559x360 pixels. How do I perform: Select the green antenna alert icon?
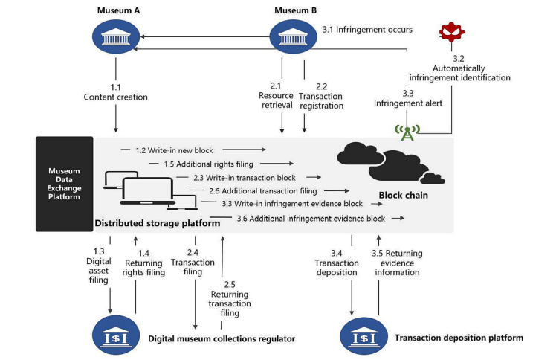tap(407, 132)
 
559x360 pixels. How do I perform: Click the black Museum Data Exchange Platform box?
tap(65, 184)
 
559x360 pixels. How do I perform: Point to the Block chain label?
tap(404, 196)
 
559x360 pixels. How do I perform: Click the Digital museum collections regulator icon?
tap(116, 335)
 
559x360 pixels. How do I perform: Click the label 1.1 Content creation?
tap(116, 91)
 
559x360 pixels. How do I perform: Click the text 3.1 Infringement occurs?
tap(367, 30)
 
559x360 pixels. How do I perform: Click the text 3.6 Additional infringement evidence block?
tap(311, 218)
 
